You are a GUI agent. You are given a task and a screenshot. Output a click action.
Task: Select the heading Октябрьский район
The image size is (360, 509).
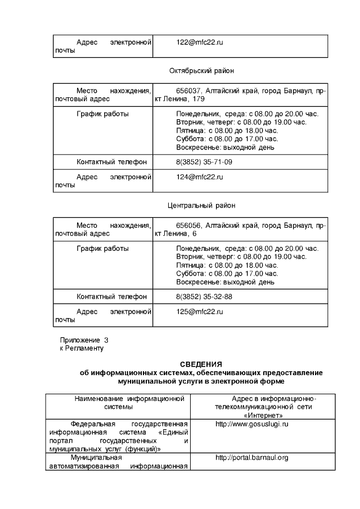point(201,71)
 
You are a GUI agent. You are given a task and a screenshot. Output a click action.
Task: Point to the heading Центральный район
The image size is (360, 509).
point(201,205)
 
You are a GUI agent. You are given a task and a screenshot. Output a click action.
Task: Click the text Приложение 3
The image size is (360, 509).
point(84,340)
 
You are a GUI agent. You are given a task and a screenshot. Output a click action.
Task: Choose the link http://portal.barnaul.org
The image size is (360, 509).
point(251,458)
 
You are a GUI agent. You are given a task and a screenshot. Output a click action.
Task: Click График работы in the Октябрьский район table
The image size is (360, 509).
point(102,114)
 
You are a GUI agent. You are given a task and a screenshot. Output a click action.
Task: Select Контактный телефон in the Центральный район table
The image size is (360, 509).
point(111,296)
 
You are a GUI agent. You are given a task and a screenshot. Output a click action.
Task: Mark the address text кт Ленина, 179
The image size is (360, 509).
point(179,99)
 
